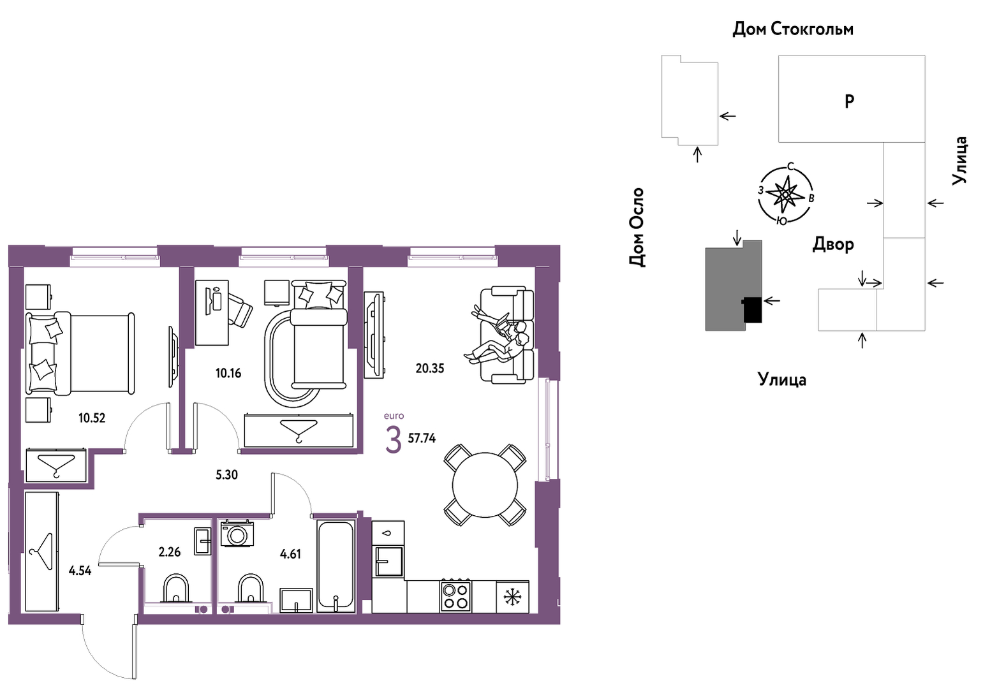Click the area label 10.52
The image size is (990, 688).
coord(92,418)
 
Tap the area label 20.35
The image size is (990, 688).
coord(429,368)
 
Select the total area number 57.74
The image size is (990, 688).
coord(422,438)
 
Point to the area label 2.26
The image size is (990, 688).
coord(169,552)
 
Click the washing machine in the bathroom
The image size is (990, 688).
coord(237,534)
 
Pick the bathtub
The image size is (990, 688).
coord(336,566)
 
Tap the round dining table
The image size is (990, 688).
coord(485,485)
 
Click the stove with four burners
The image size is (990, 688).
coord(455,596)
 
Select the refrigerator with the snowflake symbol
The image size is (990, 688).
coord(513,597)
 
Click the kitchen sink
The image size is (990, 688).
coord(388,561)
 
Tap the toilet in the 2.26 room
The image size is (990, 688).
coord(176,589)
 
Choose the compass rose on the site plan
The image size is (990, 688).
coord(785,194)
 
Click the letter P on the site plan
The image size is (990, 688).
coord(849,101)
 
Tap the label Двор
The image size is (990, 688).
coord(833,244)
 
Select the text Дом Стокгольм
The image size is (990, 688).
coord(793,29)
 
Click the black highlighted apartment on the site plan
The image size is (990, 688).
coord(752,309)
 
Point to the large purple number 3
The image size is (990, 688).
coord(394,440)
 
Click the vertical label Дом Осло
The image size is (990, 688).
coord(637,227)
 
